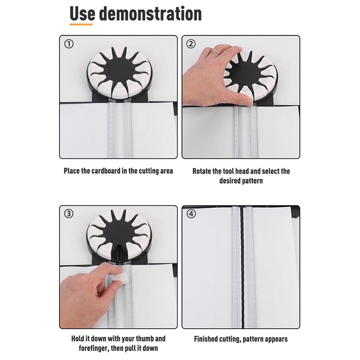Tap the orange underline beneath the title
pos(81,24)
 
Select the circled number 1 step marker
pos(69,44)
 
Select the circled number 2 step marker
pos(191,44)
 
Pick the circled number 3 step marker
pos(69,214)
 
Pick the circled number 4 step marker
pos(191,214)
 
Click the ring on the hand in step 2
pos(215,52)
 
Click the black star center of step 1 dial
pos(118,69)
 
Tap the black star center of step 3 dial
pos(118,236)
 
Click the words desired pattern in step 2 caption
pos(241,181)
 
